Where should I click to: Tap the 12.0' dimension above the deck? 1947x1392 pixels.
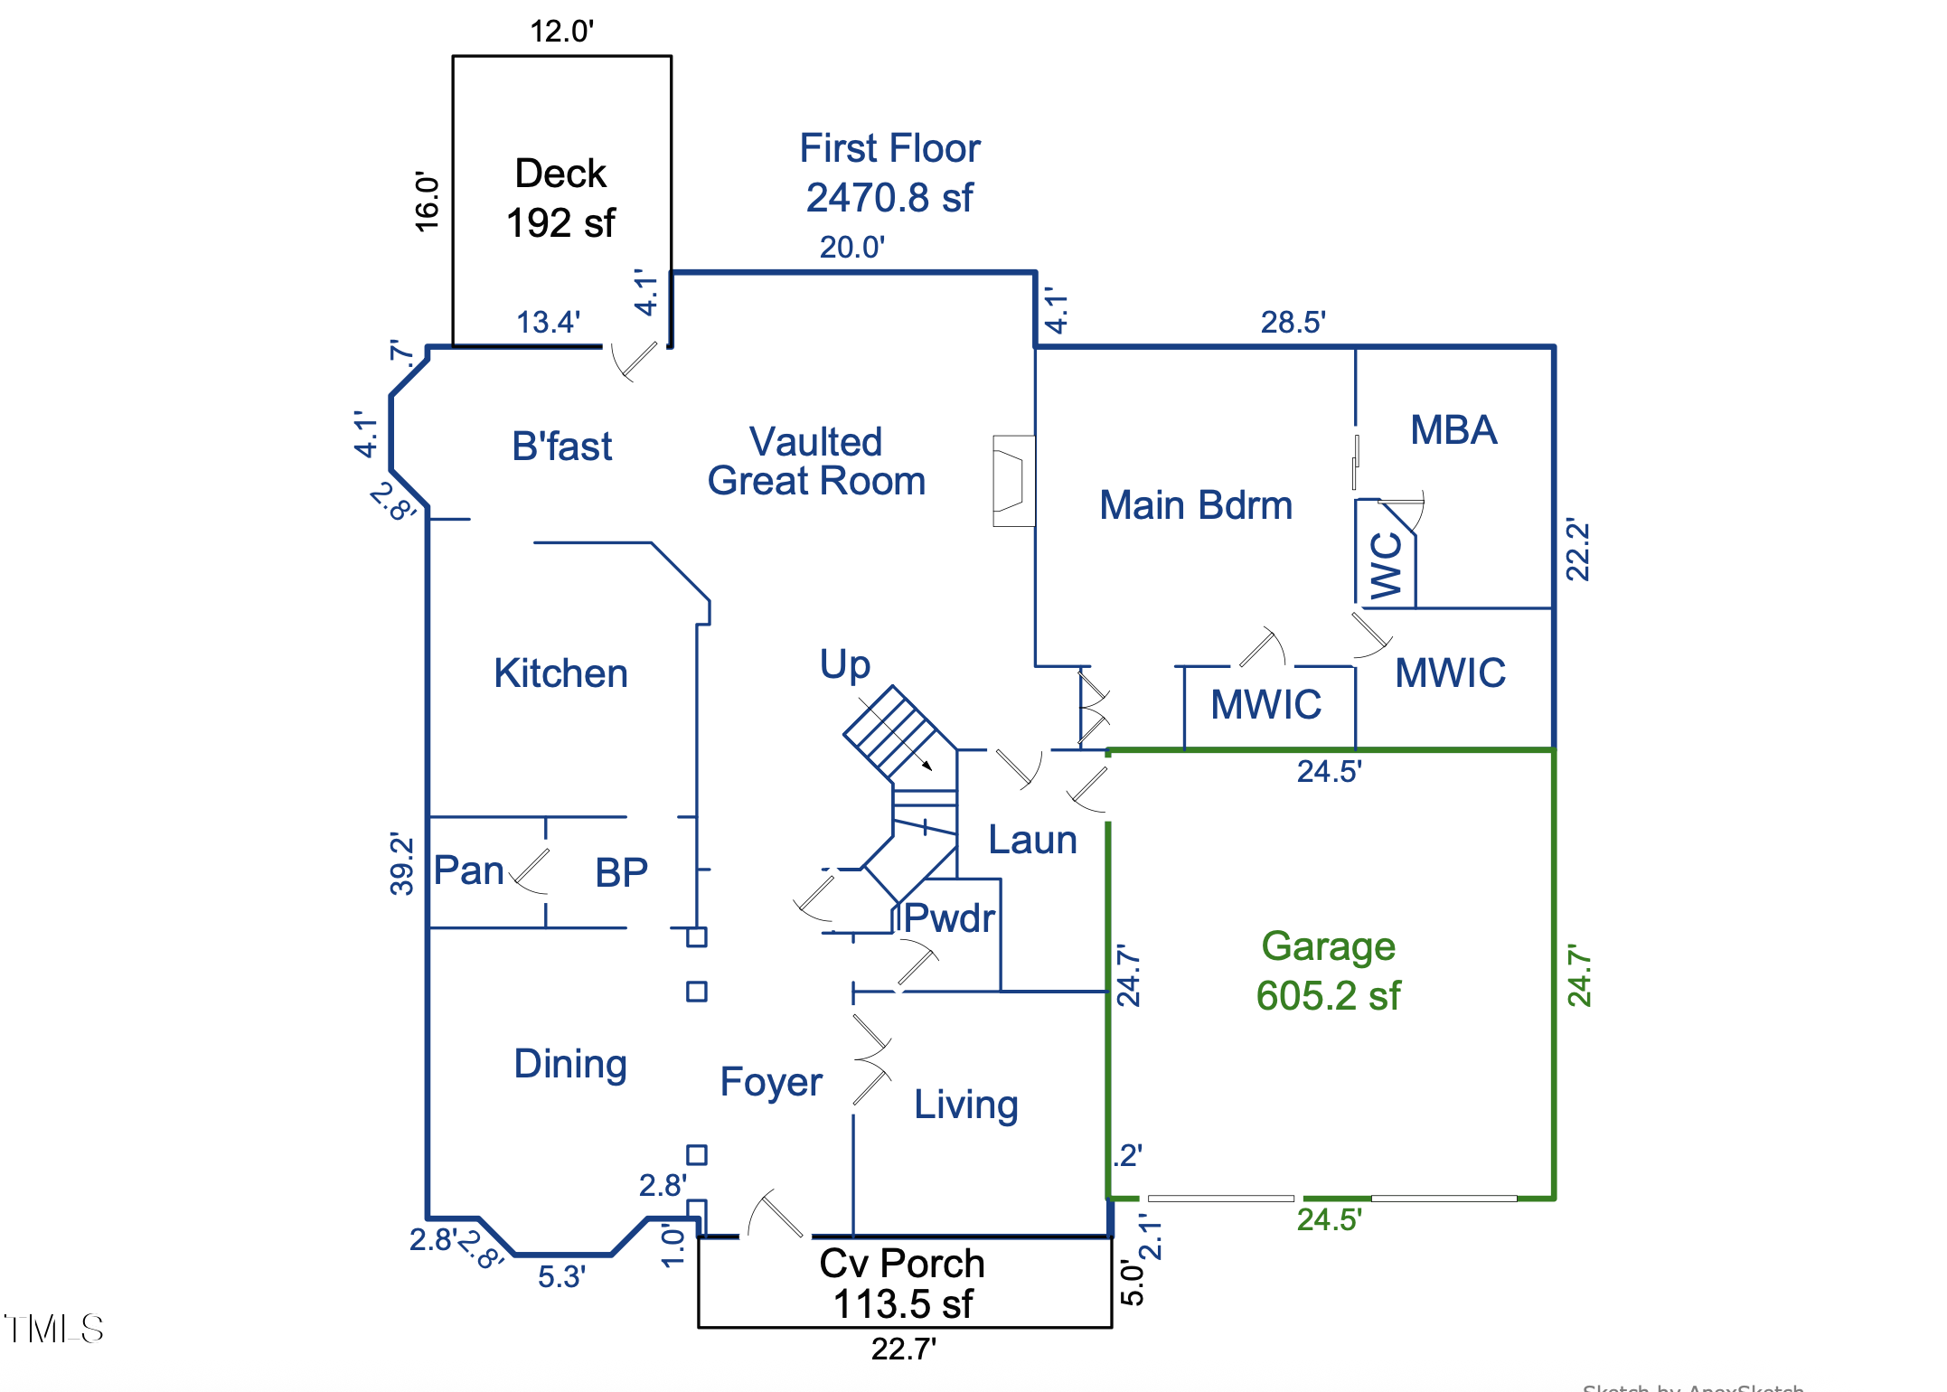(x=561, y=31)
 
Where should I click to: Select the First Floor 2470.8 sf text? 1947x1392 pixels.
(x=889, y=173)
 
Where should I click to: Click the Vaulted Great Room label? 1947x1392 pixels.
(x=816, y=462)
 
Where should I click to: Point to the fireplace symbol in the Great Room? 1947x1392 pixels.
(x=1013, y=481)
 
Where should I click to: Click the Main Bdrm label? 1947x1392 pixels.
(x=1195, y=505)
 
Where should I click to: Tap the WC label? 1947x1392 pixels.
(x=1387, y=566)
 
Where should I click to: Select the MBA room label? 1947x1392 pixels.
(x=1453, y=430)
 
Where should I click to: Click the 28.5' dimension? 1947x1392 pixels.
(x=1293, y=322)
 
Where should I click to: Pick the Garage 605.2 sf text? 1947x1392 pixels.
(x=1328, y=971)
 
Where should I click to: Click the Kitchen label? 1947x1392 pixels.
(x=560, y=673)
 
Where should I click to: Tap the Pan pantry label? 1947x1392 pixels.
(x=468, y=870)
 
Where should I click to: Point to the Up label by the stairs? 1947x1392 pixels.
(x=845, y=664)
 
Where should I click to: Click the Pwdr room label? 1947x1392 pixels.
(x=949, y=918)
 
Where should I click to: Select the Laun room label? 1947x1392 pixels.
(x=1032, y=840)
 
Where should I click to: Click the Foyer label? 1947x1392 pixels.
(x=771, y=1082)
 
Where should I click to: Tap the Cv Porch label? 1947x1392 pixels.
(x=902, y=1264)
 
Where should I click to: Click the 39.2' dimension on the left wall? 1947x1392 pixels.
(x=401, y=863)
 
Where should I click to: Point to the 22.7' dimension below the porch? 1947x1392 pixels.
(x=903, y=1349)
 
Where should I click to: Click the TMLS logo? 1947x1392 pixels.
(x=54, y=1329)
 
